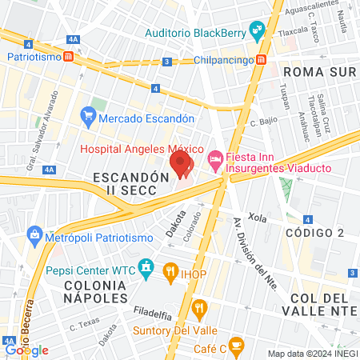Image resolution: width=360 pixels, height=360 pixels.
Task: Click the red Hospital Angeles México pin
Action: click(182, 164)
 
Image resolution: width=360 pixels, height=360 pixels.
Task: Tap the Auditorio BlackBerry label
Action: click(195, 34)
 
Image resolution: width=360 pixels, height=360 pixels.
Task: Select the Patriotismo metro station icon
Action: click(70, 57)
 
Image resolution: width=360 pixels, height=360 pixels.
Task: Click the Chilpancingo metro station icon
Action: click(262, 60)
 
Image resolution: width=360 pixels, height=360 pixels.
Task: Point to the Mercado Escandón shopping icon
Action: click(88, 118)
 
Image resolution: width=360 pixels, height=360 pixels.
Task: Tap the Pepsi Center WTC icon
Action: click(146, 266)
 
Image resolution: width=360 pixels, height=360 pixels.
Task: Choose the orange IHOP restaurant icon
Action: click(170, 272)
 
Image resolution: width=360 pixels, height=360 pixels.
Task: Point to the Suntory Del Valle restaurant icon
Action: click(200, 306)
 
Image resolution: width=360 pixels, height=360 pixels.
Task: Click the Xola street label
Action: click(257, 217)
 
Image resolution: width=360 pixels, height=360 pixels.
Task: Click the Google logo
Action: click(27, 350)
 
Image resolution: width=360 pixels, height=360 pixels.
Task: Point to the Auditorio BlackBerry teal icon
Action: click(258, 33)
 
